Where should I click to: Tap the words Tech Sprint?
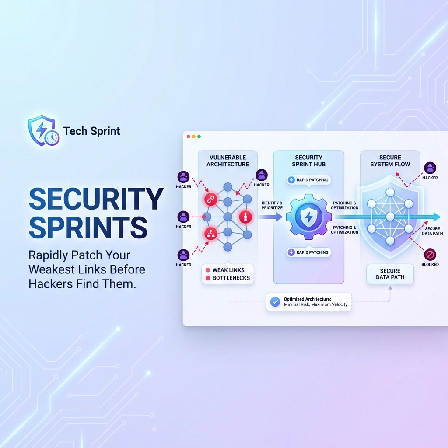click(91, 131)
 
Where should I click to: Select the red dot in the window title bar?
click(189, 136)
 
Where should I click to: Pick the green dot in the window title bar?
click(199, 136)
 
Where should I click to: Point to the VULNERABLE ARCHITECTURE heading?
click(227, 161)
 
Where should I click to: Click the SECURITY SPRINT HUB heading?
click(308, 161)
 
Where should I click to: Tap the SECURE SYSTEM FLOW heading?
click(390, 161)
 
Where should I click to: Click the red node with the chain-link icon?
click(210, 199)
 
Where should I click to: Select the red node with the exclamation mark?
click(245, 217)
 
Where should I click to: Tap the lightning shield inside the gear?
click(308, 217)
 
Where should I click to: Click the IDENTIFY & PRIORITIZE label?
click(272, 205)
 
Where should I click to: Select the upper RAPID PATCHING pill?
click(308, 180)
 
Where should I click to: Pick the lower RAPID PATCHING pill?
click(308, 252)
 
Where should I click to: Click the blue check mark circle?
click(275, 301)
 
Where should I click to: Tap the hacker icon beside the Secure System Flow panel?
click(430, 168)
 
